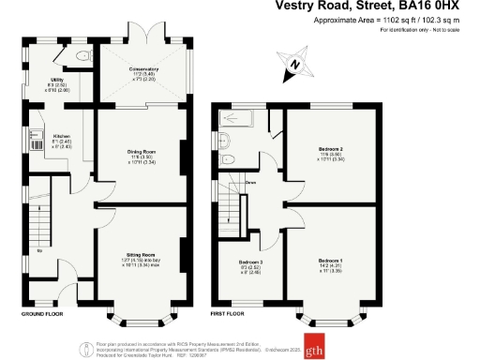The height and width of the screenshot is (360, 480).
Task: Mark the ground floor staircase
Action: pyautogui.click(x=39, y=223)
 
